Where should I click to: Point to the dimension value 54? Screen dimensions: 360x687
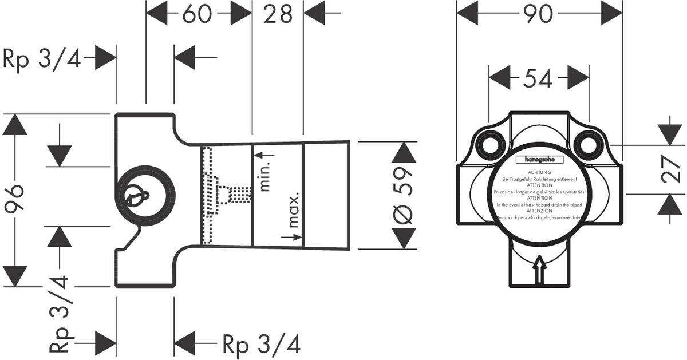click(539, 78)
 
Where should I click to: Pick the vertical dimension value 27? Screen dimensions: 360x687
click(671, 170)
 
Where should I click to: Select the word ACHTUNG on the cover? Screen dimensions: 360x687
click(539, 172)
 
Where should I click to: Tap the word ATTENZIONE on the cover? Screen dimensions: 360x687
click(539, 211)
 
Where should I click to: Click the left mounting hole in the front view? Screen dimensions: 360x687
click(490, 144)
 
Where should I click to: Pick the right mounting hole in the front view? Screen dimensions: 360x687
click(587, 144)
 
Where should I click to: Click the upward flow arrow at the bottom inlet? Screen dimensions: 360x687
click(539, 269)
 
